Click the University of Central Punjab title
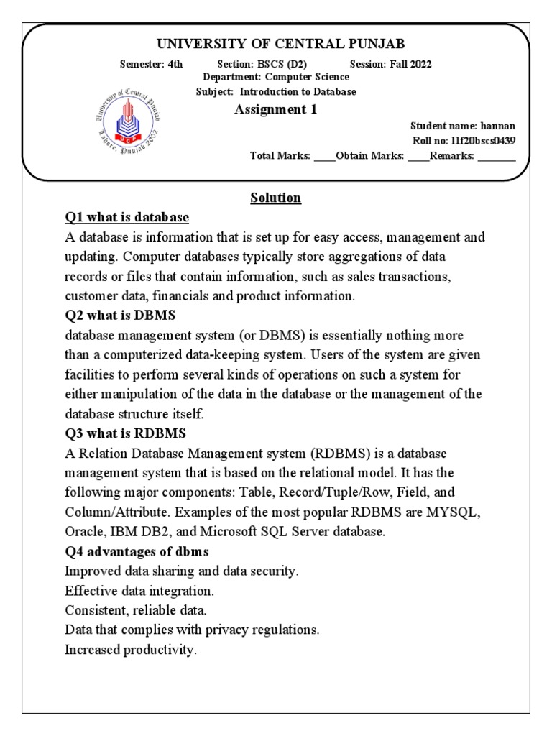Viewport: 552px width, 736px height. [276, 44]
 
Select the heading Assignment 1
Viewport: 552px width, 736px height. [276, 109]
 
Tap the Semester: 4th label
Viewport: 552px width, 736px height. [151, 64]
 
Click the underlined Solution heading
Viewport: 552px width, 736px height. [275, 198]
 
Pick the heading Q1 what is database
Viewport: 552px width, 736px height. [126, 217]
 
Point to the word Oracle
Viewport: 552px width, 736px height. [83, 533]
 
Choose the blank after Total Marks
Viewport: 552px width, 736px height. [324, 155]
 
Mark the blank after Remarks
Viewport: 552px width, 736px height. [497, 155]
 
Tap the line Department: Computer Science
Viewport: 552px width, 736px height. [276, 77]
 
